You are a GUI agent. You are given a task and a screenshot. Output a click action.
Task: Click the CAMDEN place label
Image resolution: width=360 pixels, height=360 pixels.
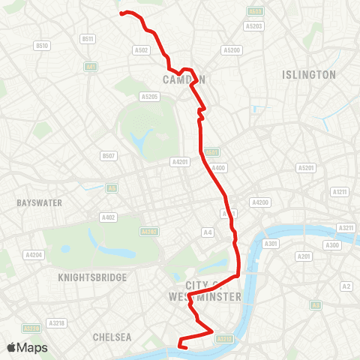tap(184, 79)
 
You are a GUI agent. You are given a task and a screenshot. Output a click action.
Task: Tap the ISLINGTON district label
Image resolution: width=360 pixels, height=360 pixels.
tap(309, 75)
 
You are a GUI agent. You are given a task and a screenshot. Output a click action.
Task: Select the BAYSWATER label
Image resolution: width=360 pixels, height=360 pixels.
tap(39, 202)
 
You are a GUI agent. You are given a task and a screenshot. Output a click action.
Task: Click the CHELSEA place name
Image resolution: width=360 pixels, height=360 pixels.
tap(112, 337)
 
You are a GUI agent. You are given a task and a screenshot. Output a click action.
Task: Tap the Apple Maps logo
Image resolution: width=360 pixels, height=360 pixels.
tap(27, 347)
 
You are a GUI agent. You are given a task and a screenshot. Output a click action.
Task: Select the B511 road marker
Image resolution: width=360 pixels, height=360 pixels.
tap(88, 38)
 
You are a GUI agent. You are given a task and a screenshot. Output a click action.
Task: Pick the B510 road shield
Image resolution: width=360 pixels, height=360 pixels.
tap(42, 46)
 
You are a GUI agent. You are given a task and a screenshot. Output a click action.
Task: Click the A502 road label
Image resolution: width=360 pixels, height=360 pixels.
tap(141, 50)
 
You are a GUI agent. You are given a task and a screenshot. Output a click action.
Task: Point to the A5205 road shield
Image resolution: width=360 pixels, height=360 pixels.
tap(149, 96)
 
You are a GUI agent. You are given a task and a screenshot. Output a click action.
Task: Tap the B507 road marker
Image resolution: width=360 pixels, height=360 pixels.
tap(109, 156)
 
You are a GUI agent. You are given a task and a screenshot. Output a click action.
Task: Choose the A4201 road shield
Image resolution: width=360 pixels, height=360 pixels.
tap(180, 161)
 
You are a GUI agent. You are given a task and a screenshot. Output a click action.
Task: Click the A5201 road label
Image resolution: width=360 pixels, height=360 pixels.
tap(306, 168)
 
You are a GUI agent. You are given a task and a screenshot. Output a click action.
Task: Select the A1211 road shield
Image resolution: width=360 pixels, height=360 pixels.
tap(340, 192)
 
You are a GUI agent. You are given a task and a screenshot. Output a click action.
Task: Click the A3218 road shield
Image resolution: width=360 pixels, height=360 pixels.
tap(57, 322)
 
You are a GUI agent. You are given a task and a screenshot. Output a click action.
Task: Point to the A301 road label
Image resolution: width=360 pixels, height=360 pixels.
tap(271, 244)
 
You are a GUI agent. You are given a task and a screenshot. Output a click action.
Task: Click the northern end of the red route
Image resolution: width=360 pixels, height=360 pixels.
tap(122, 13)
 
